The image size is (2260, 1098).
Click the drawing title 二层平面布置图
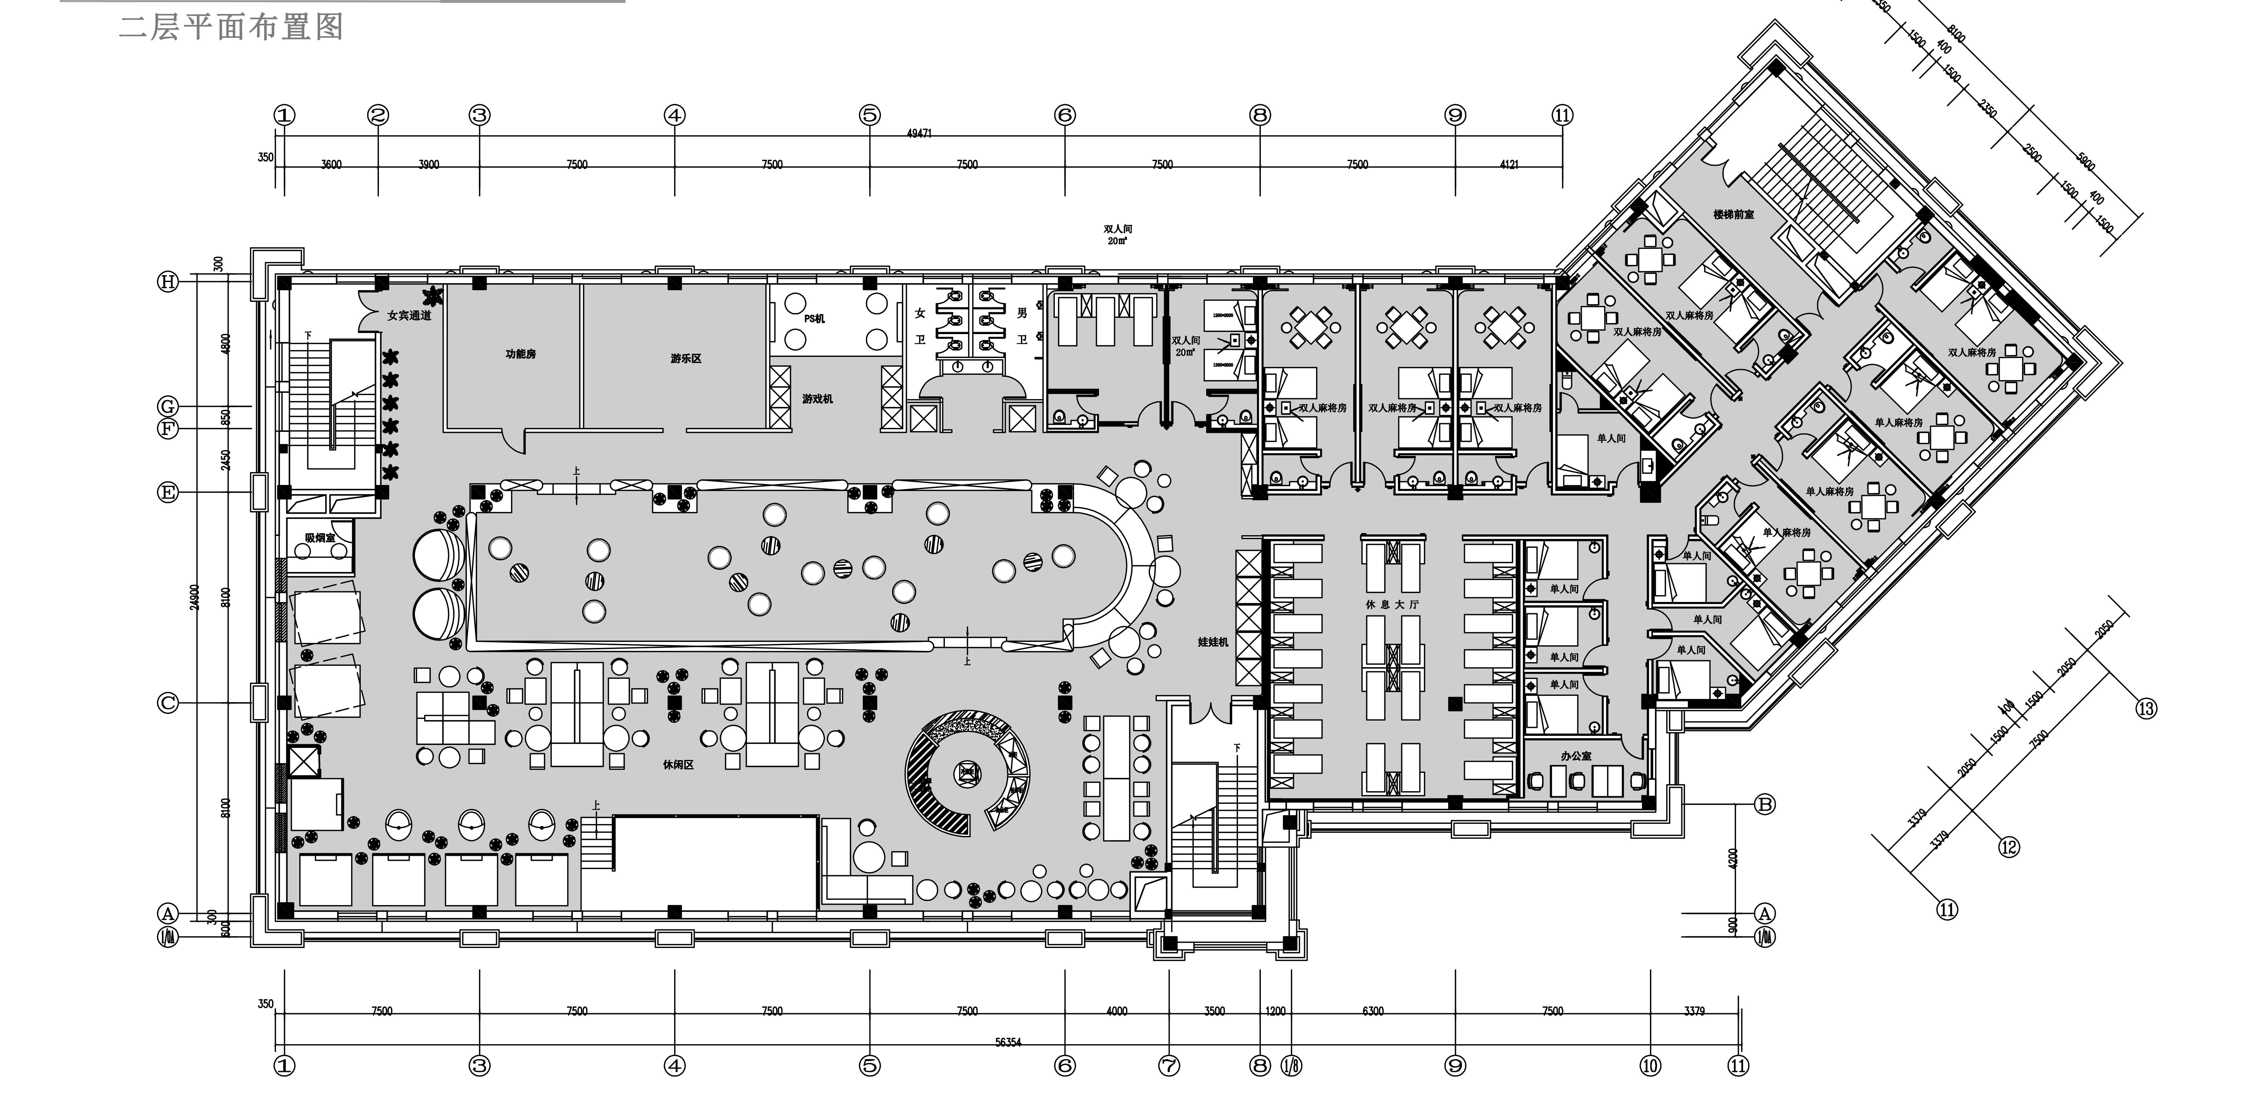[231, 27]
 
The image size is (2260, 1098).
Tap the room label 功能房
[520, 354]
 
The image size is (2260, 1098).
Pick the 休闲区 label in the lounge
[678, 765]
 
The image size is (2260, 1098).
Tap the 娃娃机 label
[1213, 642]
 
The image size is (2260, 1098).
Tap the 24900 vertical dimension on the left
[195, 596]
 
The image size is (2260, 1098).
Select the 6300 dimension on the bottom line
[1373, 1011]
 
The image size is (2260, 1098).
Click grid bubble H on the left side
[168, 282]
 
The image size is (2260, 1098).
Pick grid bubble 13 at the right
[2146, 708]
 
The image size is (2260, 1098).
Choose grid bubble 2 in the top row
[378, 115]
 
